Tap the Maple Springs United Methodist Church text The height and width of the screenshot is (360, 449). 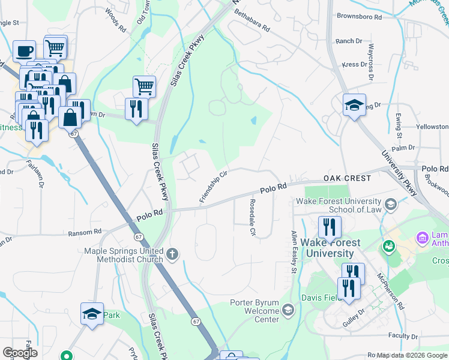(124, 255)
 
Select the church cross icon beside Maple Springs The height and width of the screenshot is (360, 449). (172, 254)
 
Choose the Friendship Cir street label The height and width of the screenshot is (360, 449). (213, 186)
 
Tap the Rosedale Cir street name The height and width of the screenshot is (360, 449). (253, 217)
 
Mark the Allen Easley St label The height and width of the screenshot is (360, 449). (294, 252)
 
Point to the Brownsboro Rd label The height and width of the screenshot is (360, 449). (359, 17)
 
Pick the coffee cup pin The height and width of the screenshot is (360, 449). (24, 52)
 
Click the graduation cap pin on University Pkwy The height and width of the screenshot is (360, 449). (354, 106)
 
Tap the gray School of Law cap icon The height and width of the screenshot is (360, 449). (391, 205)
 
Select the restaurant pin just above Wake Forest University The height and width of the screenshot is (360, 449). (329, 227)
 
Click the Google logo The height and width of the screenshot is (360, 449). (20, 353)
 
